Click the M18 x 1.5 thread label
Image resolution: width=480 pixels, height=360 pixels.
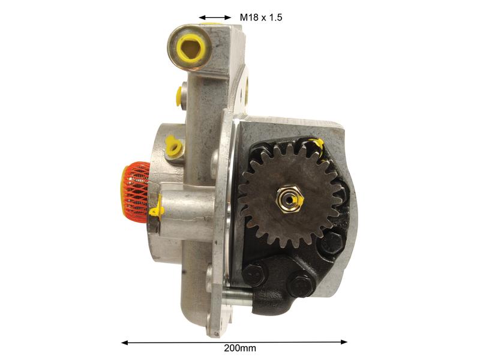click(x=261, y=17)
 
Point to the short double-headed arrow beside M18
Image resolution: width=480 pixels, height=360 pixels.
click(x=215, y=17)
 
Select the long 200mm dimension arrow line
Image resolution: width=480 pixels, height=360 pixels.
click(x=235, y=342)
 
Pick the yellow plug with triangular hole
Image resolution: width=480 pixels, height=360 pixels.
click(x=190, y=47)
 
